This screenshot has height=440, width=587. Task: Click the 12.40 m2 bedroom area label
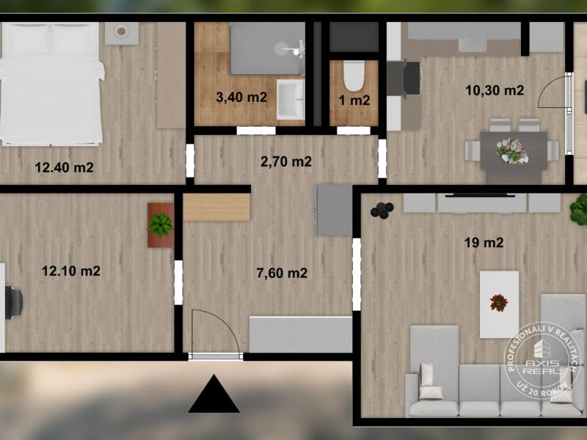coord(64,167)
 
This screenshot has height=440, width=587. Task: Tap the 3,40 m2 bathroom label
coord(241,98)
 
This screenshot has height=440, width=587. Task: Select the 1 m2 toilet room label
coord(354,100)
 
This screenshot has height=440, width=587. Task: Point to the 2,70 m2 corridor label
coord(286,161)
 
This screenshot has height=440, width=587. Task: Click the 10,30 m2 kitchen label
coord(495,90)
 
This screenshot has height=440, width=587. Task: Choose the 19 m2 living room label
coord(484,243)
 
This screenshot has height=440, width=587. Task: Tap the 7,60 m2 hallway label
coord(282,273)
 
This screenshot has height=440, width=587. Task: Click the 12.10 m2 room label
coord(70,271)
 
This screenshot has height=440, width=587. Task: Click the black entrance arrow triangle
coord(214,394)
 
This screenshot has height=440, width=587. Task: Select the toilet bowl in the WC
coord(354,76)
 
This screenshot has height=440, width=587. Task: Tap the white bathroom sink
coord(291,100)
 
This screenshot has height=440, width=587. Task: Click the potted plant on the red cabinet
coord(160,225)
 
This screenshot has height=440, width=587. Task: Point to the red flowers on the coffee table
coord(499,303)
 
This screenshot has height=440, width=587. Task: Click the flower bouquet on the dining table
coord(511,151)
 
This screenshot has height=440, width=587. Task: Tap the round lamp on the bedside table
coord(121,31)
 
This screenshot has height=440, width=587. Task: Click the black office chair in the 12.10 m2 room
coord(14,302)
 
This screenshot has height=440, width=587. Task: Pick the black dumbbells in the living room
coord(382,210)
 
